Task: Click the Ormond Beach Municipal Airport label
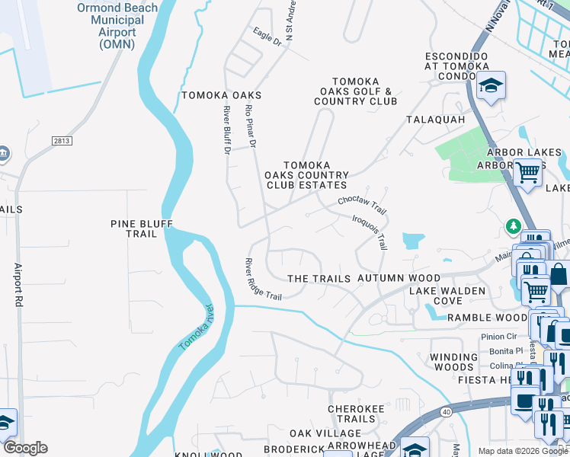point(117,26)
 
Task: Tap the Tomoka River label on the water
point(195,327)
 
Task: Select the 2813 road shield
point(62,141)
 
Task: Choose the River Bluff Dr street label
point(227,131)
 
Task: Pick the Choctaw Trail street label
point(363,206)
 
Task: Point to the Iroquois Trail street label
point(370,232)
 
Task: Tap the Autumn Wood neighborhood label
point(399,279)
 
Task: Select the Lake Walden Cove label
point(447,296)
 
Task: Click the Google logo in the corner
point(25,448)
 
